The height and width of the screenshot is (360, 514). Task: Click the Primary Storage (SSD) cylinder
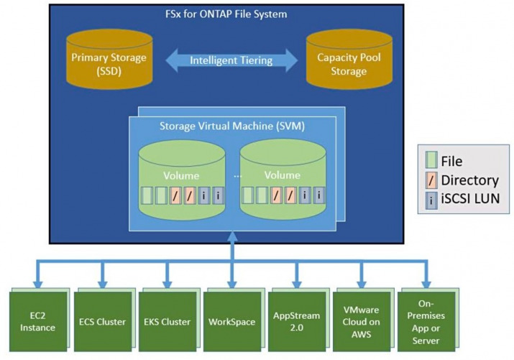pyautogui.click(x=109, y=60)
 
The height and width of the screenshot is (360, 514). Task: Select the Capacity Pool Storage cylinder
pyautogui.click(x=349, y=60)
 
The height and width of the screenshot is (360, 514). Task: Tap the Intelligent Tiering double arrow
pyautogui.click(x=231, y=60)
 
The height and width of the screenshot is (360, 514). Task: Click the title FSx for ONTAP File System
pyautogui.click(x=226, y=14)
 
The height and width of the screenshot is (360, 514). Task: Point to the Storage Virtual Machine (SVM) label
pyautogui.click(x=232, y=126)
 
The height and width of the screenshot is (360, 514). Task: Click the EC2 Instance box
pyautogui.click(x=38, y=322)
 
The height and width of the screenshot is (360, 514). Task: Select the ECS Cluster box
pyautogui.click(x=103, y=322)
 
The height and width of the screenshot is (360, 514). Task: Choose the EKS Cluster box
pyautogui.click(x=167, y=322)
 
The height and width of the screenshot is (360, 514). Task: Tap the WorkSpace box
pyautogui.click(x=232, y=322)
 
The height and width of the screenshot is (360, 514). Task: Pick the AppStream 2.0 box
pyautogui.click(x=297, y=322)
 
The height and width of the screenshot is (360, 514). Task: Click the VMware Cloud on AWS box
pyautogui.click(x=362, y=322)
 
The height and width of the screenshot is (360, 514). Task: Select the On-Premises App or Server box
pyautogui.click(x=426, y=322)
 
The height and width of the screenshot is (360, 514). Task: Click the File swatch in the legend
pyautogui.click(x=431, y=160)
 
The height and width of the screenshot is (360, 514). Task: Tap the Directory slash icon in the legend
pyautogui.click(x=431, y=180)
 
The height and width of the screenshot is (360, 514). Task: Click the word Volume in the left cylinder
pyautogui.click(x=181, y=176)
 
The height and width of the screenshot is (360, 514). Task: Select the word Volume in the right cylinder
pyautogui.click(x=283, y=175)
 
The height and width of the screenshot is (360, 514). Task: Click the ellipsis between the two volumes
pyautogui.click(x=238, y=177)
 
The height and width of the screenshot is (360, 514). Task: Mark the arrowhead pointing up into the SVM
pyautogui.click(x=232, y=236)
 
